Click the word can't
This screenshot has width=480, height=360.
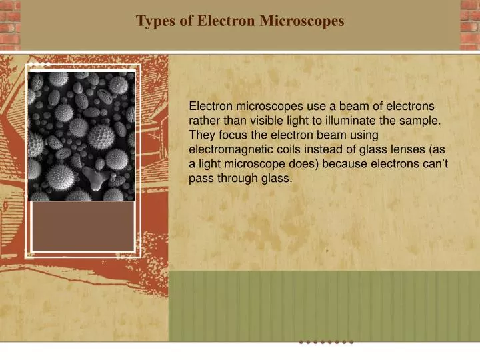pyautogui.click(x=424, y=165)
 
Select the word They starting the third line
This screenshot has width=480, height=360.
pyautogui.click(x=201, y=135)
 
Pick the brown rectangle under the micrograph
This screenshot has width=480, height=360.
pyautogui.click(x=83, y=227)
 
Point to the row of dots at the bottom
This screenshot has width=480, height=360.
pyautogui.click(x=326, y=342)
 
